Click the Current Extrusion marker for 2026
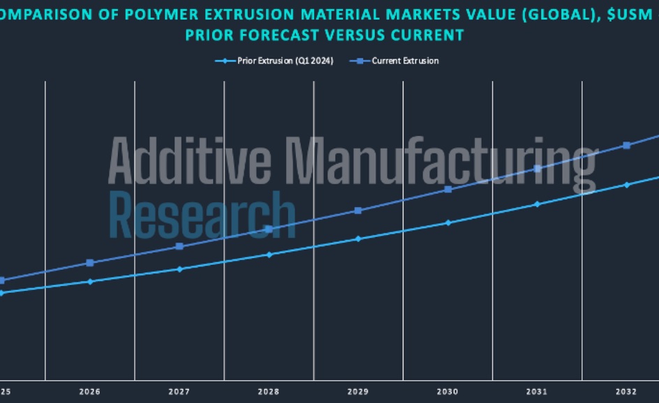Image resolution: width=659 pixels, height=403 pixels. click(90, 263)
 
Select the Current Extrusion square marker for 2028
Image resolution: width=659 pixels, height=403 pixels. click(269, 229)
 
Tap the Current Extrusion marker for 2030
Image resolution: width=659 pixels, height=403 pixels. click(448, 189)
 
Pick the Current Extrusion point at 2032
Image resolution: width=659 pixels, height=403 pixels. click(627, 145)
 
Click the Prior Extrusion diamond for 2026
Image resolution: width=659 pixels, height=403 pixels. click(90, 282)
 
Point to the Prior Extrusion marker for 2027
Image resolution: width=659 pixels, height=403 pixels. click(179, 269)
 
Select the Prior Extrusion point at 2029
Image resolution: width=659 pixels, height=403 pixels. click(358, 238)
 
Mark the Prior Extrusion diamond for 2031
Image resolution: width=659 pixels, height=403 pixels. click(537, 204)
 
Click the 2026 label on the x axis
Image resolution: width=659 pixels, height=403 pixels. click(90, 392)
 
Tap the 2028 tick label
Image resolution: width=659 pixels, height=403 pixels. click(269, 392)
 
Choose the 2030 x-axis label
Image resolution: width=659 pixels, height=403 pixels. click(447, 392)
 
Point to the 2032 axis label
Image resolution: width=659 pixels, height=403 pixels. click(626, 392)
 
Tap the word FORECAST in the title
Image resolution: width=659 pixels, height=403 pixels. click(289, 34)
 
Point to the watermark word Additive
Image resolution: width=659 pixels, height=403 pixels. click(190, 162)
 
